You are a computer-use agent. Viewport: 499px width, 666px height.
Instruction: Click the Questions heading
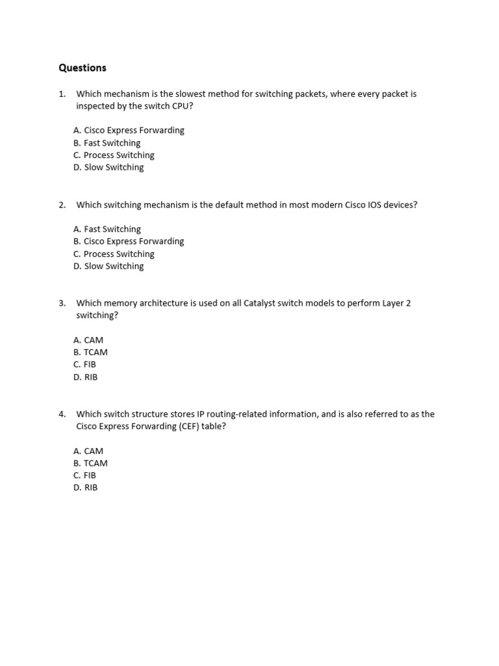coord(83,68)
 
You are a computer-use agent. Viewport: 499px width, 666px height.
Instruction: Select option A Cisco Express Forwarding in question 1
coord(129,130)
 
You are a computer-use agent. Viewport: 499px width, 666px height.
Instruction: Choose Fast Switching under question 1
coord(107,143)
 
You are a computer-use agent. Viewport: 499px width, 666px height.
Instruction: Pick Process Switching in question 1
coord(114,155)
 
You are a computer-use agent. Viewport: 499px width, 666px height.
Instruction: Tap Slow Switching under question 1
coord(109,167)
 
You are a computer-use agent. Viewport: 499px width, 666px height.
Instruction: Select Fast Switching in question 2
coord(107,229)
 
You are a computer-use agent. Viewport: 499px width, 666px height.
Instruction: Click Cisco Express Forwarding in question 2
coord(129,241)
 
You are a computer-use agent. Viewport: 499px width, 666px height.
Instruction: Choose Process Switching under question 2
coord(114,254)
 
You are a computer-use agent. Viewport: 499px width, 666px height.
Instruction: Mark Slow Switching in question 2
coord(109,266)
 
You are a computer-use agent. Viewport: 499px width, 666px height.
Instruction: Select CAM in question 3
coord(88,340)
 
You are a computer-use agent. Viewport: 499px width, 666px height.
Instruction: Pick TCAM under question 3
coord(90,352)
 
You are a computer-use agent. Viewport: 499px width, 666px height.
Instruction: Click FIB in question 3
coord(84,364)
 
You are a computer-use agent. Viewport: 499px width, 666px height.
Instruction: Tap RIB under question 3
coord(85,377)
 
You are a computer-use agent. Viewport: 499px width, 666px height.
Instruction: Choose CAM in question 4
coord(88,451)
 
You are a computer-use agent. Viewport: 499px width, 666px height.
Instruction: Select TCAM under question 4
coord(90,463)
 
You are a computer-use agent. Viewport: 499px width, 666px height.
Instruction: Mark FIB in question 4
coord(84,475)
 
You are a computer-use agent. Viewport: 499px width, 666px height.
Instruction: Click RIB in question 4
coord(85,488)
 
